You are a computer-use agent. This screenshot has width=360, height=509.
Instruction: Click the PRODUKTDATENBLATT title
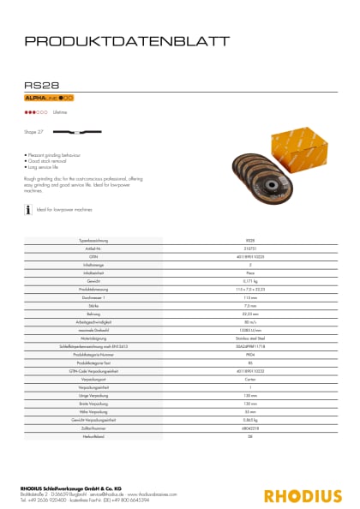(127, 40)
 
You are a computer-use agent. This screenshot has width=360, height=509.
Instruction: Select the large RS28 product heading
(42, 85)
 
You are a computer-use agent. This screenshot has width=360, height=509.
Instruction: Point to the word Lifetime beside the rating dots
(60, 112)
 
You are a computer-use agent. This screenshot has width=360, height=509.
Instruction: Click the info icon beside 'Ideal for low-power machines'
(29, 208)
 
